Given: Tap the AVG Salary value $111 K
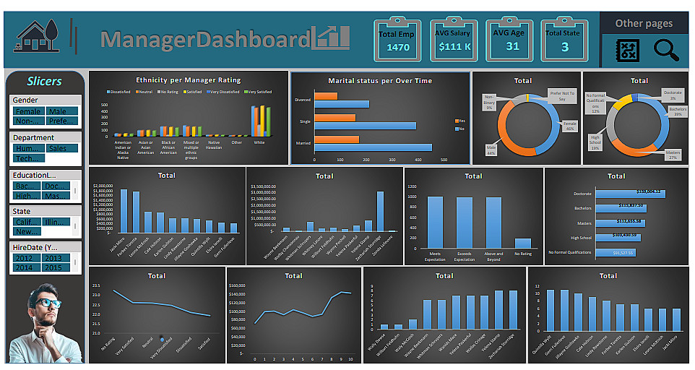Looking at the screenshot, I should pyautogui.click(x=454, y=48).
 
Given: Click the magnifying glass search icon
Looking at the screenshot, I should pyautogui.click(x=666, y=49).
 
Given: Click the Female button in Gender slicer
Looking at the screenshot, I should pyautogui.click(x=29, y=111).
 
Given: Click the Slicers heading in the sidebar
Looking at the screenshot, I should pyautogui.click(x=44, y=81).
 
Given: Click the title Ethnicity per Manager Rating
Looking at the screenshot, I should pyautogui.click(x=188, y=79).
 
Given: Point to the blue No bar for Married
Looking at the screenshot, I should pyautogui.click(x=373, y=147).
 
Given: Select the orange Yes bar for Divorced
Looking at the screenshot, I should pyautogui.click(x=325, y=96).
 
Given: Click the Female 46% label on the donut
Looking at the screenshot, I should pyautogui.click(x=570, y=126).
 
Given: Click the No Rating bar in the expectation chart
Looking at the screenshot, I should pyautogui.click(x=522, y=244).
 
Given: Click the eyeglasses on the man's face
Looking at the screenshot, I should pyautogui.click(x=48, y=304).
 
